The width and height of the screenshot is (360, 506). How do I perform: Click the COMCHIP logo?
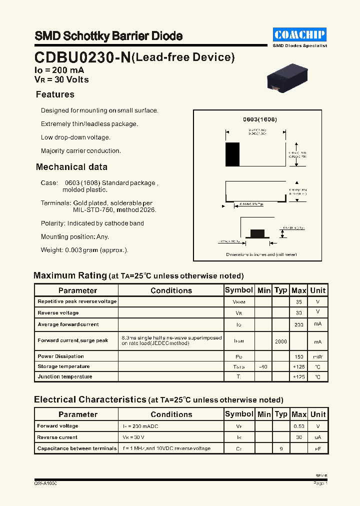[x=300, y=34]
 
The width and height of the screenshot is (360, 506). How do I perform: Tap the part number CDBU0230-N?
[x=82, y=57]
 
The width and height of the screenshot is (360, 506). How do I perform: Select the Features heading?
[x=55, y=94]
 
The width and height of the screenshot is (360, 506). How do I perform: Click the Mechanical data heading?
[x=71, y=167]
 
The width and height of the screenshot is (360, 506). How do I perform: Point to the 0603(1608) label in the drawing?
[x=260, y=119]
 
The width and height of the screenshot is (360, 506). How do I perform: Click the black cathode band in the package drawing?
[x=232, y=154]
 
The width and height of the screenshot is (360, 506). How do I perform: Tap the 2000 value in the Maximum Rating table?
[x=281, y=340]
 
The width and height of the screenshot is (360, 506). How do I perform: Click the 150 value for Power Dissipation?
[x=299, y=356]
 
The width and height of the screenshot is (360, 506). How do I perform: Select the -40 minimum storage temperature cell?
[x=263, y=366]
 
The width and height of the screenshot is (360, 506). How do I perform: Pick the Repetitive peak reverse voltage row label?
[x=77, y=301]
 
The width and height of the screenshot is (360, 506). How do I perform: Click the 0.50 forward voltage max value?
[x=299, y=426]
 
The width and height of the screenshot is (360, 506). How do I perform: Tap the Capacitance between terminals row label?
[x=77, y=448]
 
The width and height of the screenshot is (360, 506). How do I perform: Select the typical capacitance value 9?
[x=281, y=448]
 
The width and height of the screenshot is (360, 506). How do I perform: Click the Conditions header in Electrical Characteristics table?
[x=171, y=414]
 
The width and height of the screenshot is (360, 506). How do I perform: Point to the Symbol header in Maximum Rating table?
[x=239, y=290]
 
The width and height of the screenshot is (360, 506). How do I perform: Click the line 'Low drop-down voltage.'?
[x=75, y=137]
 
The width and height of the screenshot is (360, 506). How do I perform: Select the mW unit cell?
[x=318, y=356]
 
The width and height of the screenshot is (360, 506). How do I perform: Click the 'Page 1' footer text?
[x=320, y=483]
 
